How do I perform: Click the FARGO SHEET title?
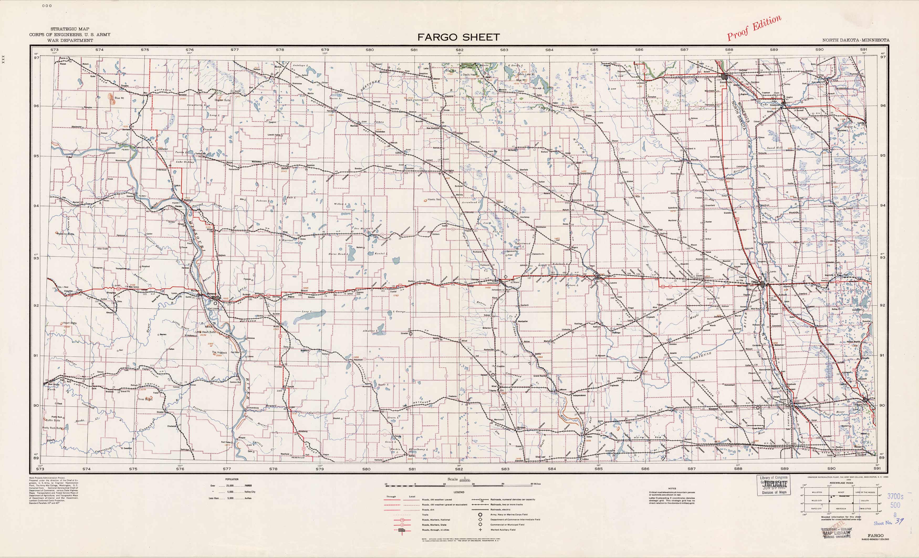point(458,37)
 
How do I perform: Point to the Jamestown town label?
point(492,283)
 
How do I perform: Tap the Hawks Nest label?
point(434,199)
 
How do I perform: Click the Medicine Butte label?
point(65,234)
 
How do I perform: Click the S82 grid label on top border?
point(459,50)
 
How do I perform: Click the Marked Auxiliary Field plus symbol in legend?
point(481,530)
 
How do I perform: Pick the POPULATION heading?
point(232,479)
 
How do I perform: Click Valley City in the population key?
point(250,492)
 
